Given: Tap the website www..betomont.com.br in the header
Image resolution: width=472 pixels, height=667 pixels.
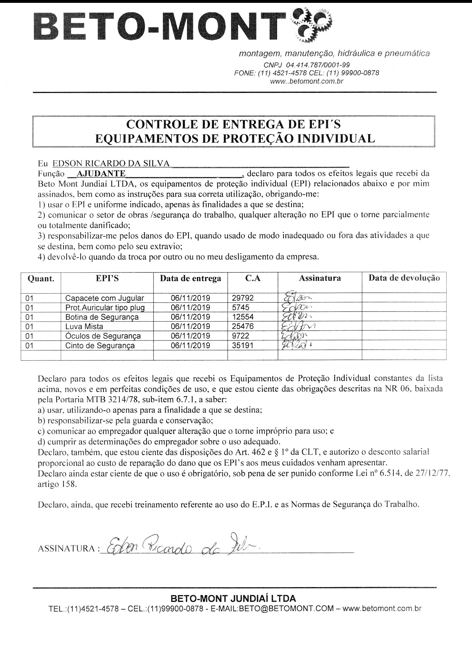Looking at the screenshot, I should coord(306,81).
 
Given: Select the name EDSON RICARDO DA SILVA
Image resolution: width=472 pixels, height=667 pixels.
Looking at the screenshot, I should coord(111,163).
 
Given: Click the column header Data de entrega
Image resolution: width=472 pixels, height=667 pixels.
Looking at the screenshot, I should coord(190,278).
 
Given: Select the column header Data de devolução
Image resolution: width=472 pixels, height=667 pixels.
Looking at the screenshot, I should coord(404,278).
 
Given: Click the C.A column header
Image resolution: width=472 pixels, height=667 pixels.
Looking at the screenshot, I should coord(253,278).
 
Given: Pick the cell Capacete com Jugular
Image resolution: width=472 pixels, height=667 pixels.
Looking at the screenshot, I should coord(105,298).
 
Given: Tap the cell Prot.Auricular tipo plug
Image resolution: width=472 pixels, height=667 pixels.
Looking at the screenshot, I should coord(105,307).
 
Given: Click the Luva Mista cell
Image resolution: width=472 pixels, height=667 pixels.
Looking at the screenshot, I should coord(84,326).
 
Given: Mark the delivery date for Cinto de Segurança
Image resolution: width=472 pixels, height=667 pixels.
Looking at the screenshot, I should coord(190,345).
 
